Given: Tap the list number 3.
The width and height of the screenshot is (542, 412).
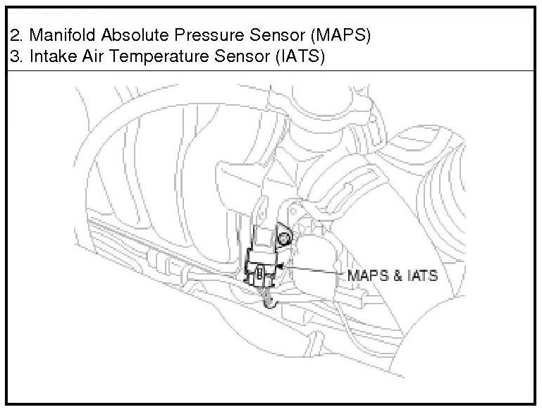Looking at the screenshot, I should coord(13,57).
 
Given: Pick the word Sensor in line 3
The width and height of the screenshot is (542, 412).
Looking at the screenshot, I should coord(237,57).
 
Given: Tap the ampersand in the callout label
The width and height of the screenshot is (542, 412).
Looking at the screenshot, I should coord(396,275).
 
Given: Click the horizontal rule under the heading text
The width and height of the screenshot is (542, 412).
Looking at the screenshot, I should coord(271,71).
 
